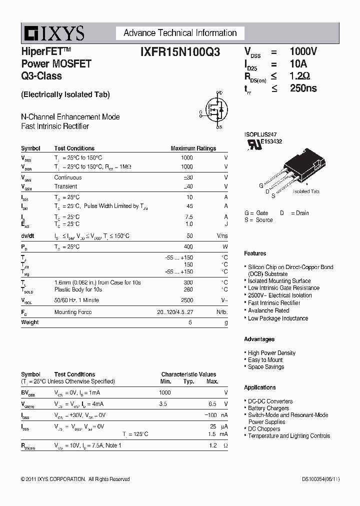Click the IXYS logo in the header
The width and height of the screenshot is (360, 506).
coord(53,33)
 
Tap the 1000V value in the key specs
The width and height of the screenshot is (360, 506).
coord(303,51)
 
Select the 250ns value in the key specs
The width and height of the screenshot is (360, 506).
coord(303,88)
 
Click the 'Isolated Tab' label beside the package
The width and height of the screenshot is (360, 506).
coord(306,191)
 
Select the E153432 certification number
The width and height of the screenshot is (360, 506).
coord(270,141)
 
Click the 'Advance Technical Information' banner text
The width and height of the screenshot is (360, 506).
coord(180,33)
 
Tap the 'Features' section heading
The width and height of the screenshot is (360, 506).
coord(255,253)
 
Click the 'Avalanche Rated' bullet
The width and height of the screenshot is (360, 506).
coord(268,310)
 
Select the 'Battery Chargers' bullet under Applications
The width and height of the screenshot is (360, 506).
coord(268,408)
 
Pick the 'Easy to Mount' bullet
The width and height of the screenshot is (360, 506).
coord(265,360)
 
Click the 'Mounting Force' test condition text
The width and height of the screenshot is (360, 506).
coord(73,312)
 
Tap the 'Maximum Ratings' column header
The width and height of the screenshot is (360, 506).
coord(193,148)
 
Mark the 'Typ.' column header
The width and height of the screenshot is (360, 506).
coord(188,381)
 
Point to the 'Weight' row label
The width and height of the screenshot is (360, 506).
coord(29,322)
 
